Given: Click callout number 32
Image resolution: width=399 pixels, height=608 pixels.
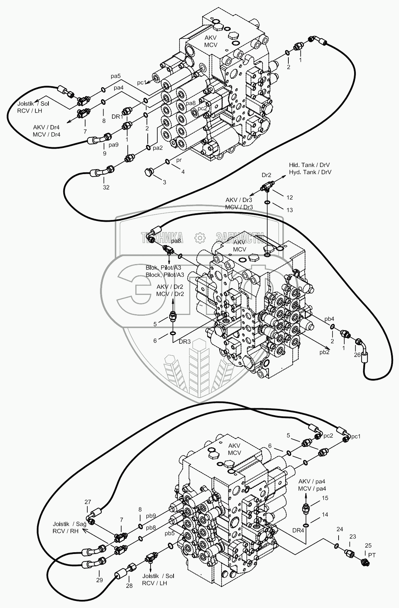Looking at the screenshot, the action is pyautogui.click(x=106, y=187).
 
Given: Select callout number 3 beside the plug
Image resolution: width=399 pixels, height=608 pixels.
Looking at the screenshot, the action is pyautogui.click(x=164, y=182).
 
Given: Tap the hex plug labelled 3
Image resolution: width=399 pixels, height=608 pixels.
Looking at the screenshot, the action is pyautogui.click(x=148, y=173).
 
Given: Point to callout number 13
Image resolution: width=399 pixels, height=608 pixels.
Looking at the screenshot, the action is pyautogui.click(x=289, y=210).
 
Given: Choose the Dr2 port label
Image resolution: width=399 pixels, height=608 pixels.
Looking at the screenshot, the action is pyautogui.click(x=266, y=175).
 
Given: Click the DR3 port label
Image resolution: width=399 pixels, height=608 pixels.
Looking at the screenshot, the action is pyautogui.click(x=184, y=341).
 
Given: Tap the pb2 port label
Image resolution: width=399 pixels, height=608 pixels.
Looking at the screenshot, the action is pyautogui.click(x=324, y=352).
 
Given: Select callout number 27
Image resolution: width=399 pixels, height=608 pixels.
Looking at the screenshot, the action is pyautogui.click(x=88, y=502).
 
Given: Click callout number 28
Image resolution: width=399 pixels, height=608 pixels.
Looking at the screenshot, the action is pyautogui.click(x=129, y=586).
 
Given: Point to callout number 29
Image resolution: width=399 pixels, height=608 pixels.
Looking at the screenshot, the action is pyautogui.click(x=99, y=580).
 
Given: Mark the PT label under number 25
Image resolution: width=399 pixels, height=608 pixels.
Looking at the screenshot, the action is pyautogui.click(x=372, y=555).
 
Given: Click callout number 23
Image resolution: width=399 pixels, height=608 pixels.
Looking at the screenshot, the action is pyautogui.click(x=352, y=536).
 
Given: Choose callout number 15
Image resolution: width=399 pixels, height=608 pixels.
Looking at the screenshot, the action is pyautogui.click(x=325, y=498).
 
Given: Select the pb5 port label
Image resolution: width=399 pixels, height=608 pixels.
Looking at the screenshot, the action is pyautogui.click(x=170, y=533).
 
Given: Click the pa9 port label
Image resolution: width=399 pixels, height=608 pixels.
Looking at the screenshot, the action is pyautogui.click(x=113, y=145).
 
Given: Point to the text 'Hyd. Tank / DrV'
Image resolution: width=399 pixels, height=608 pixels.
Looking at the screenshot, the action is pyautogui.click(x=310, y=172).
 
